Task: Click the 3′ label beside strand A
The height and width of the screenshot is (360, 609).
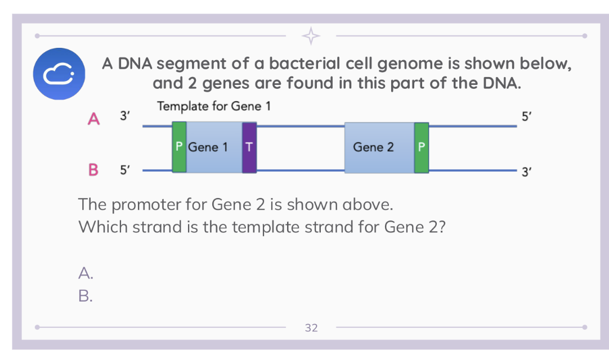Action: point(126,116)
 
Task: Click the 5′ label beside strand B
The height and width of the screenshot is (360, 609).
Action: point(125,169)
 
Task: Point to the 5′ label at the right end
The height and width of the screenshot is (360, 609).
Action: point(526,116)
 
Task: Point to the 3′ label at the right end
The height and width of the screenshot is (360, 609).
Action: point(526,173)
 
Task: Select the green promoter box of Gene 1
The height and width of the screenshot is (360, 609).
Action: point(179,147)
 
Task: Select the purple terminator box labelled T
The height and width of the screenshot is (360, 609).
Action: point(249,147)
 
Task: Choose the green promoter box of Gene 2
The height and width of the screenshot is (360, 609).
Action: point(421,147)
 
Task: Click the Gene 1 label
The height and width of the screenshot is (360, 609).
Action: point(208,147)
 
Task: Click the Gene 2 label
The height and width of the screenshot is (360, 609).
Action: point(373,147)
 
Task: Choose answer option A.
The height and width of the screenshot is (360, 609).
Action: point(86,273)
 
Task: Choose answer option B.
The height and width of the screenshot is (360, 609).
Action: point(86,295)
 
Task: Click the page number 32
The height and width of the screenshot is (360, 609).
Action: point(311,327)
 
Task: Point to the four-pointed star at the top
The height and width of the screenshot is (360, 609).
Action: point(311,36)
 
